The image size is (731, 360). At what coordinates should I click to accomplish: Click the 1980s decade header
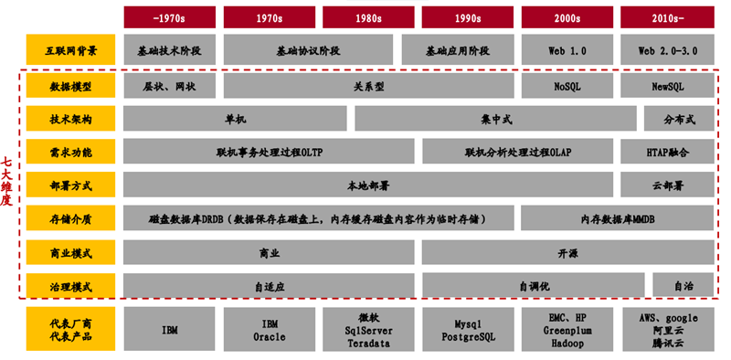pyautogui.click(x=368, y=16)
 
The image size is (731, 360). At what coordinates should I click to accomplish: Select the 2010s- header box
pyautogui.click(x=667, y=16)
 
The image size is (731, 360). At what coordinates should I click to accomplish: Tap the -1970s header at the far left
pyautogui.click(x=169, y=16)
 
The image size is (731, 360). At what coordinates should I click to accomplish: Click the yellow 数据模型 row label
pyautogui.click(x=71, y=87)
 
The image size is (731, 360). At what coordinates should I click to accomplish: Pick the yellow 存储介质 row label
pyautogui.click(x=71, y=218)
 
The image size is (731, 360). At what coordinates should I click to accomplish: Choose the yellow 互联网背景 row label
pyautogui.click(x=71, y=51)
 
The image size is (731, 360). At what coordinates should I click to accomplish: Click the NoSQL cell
pyautogui.click(x=567, y=87)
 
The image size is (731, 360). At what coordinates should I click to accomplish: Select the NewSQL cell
pyautogui.click(x=667, y=87)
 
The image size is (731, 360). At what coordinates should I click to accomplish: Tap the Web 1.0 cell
pyautogui.click(x=567, y=51)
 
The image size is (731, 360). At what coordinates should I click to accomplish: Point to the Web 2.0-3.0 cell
pyautogui.click(x=667, y=51)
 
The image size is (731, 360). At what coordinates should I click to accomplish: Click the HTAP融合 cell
pyautogui.click(x=667, y=153)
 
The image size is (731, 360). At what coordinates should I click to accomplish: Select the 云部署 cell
pyautogui.click(x=667, y=185)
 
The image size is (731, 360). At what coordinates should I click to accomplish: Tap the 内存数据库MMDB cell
pyautogui.click(x=618, y=218)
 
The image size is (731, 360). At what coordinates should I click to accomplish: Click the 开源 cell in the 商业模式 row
pyautogui.click(x=567, y=251)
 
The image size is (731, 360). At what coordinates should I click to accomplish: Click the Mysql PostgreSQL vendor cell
pyautogui.click(x=468, y=330)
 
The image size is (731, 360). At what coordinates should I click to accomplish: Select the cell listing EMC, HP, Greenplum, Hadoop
pyautogui.click(x=567, y=330)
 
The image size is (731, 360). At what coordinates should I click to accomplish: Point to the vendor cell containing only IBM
pyautogui.click(x=169, y=330)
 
